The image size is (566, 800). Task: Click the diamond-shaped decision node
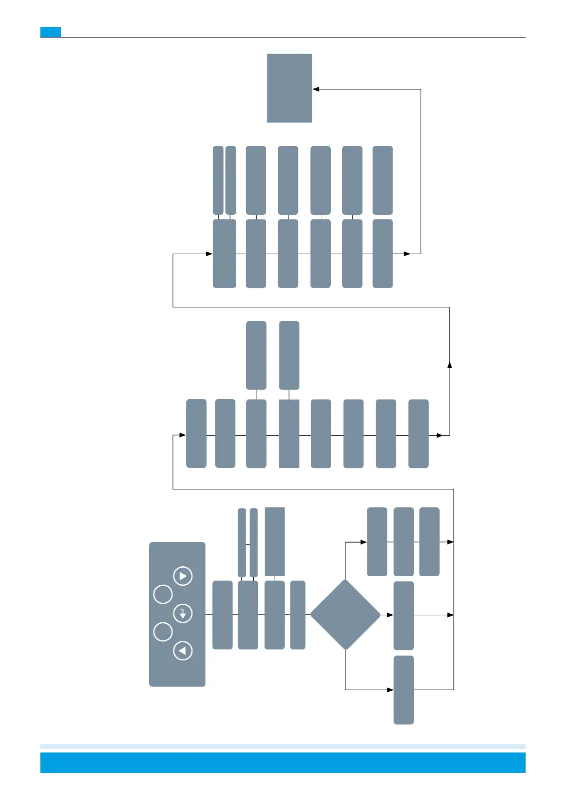pyautogui.click(x=345, y=614)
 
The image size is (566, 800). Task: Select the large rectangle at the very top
pyautogui.click(x=289, y=88)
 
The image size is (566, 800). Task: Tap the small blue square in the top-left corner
pyautogui.click(x=50, y=32)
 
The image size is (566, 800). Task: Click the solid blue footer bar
pyautogui.click(x=283, y=762)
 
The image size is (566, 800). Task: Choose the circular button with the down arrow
pyautogui.click(x=183, y=613)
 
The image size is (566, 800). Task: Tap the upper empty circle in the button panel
pyautogui.click(x=163, y=594)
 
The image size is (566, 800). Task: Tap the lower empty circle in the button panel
pyautogui.click(x=163, y=632)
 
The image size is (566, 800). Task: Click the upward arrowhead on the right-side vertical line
pyautogui.click(x=450, y=364)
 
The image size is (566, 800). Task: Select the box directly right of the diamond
pyautogui.click(x=403, y=615)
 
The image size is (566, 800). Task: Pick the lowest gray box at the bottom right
pyautogui.click(x=403, y=690)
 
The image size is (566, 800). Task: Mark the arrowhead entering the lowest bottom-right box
pyautogui.click(x=390, y=690)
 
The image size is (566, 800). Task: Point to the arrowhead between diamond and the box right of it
pyautogui.click(x=390, y=615)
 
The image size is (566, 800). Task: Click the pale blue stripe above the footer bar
pyautogui.click(x=283, y=746)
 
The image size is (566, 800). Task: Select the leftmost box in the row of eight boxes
pyautogui.click(x=196, y=433)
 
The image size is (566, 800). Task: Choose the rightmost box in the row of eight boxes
pyautogui.click(x=418, y=434)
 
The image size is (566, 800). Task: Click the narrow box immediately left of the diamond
pyautogui.click(x=297, y=615)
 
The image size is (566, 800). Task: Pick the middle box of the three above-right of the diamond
pyautogui.click(x=403, y=542)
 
